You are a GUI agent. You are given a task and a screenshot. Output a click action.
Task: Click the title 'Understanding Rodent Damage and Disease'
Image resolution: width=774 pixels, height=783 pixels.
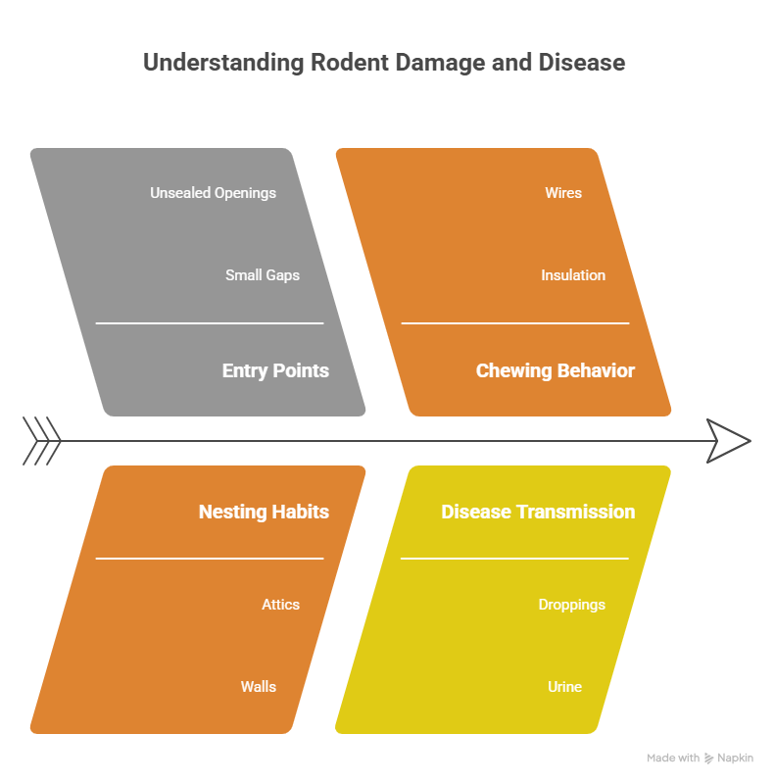[384, 63]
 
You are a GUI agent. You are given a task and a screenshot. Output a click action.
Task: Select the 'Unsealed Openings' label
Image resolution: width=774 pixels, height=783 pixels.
[213, 193]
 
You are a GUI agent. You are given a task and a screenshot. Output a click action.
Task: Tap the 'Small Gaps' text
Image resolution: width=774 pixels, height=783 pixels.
[262, 275]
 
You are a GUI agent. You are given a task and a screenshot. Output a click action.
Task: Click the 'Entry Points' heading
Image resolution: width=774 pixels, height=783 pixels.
[275, 370]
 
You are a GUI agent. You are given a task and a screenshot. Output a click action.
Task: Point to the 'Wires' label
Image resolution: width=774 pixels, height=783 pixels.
[563, 193]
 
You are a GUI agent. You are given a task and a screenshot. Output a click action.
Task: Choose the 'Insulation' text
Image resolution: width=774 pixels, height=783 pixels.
[573, 275]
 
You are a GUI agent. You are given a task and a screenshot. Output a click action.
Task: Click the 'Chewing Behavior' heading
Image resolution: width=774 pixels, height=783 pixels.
[555, 370]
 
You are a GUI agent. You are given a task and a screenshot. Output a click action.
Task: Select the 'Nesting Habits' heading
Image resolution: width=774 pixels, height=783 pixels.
[264, 512]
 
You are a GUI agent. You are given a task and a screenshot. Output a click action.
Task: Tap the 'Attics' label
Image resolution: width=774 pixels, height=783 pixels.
[280, 605]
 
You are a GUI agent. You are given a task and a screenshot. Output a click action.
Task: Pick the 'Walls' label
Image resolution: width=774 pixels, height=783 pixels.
[259, 687]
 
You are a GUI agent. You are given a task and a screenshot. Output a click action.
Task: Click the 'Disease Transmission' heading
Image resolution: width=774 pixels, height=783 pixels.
[538, 512]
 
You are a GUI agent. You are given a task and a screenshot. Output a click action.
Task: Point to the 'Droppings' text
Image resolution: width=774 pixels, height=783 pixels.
[572, 605]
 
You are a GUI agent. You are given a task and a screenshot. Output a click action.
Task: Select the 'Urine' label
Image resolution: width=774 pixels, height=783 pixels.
[564, 687]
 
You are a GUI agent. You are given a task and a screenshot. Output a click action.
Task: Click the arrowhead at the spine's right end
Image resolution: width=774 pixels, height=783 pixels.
[728, 441]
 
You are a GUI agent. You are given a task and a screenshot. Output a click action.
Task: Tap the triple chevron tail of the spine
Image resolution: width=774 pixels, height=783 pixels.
[41, 441]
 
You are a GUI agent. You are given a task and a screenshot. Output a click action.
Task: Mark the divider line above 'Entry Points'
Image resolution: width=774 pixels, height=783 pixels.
[209, 322]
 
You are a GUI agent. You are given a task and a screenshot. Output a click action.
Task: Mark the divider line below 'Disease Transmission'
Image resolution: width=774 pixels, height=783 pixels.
[514, 559]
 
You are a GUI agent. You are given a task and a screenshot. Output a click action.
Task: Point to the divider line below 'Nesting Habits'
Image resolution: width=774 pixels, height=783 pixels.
[209, 559]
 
